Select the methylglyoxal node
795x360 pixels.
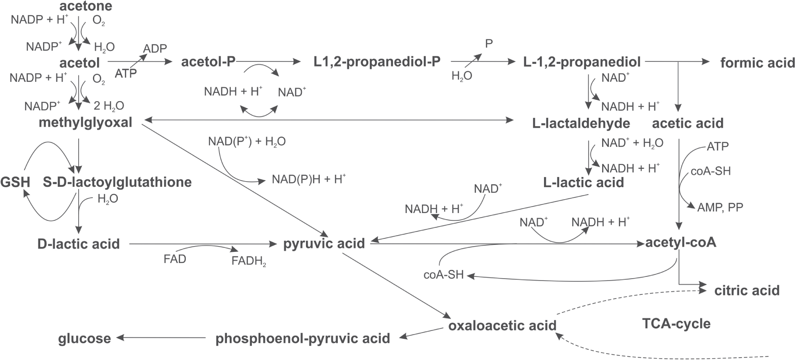[x=86, y=122]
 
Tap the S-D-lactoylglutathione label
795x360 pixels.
[x=117, y=182]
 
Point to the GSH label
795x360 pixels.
[x=15, y=182]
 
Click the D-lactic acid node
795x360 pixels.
[x=79, y=244]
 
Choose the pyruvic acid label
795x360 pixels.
[x=324, y=243]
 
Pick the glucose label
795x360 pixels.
[x=84, y=338]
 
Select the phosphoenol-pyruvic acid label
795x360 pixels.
[x=303, y=338]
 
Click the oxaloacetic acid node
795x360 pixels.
[x=502, y=325]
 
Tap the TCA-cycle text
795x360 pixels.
[x=676, y=323]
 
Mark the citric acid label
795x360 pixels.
[x=747, y=290]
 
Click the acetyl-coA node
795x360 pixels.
[x=681, y=243]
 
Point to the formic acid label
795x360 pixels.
[x=758, y=62]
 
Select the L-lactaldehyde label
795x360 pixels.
[x=581, y=123]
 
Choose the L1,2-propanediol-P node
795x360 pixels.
[x=377, y=61]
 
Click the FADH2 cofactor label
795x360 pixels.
[x=249, y=261]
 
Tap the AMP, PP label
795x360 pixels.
[x=720, y=207]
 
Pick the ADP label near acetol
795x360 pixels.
[x=155, y=49]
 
